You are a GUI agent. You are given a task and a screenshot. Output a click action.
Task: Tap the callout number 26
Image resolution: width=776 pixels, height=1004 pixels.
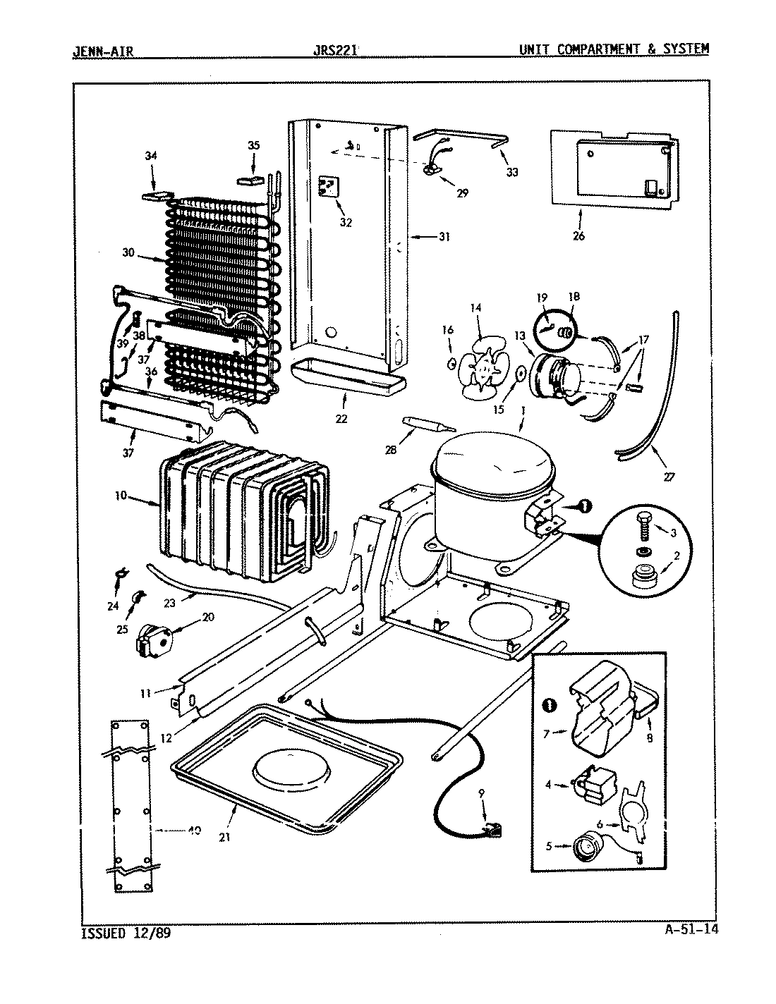click(x=578, y=236)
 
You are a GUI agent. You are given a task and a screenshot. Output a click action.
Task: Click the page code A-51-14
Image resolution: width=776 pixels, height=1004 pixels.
click(x=691, y=929)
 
